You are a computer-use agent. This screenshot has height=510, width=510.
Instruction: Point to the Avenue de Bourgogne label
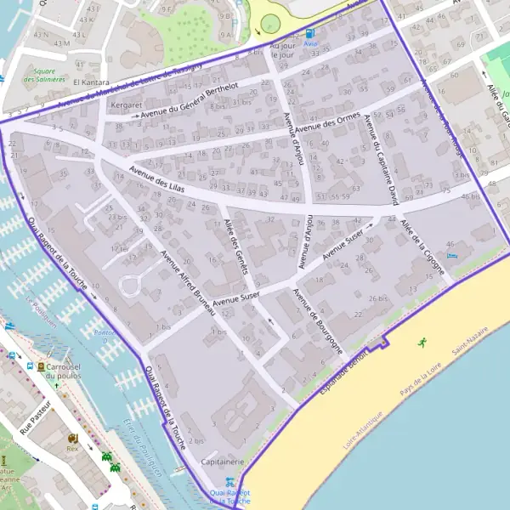click(x=319, y=321)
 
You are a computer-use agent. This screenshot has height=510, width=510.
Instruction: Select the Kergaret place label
click(x=127, y=105)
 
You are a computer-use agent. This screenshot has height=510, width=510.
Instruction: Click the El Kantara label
click(x=88, y=82)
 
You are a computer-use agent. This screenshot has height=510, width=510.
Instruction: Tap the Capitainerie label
click(x=222, y=462)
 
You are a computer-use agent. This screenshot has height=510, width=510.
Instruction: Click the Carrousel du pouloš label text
click(x=64, y=370)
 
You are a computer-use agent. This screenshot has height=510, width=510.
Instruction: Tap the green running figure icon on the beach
click(x=422, y=342)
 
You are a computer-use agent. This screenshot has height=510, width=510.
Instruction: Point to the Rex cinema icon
click(x=71, y=438)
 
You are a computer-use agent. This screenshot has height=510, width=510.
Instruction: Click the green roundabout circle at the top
click(x=270, y=24)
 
